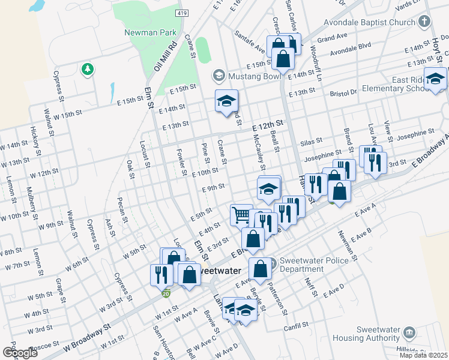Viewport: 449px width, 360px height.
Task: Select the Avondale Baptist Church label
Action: [x=376, y=22]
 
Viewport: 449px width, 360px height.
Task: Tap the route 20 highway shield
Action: [x=166, y=293]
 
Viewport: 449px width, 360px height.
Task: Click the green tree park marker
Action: [x=88, y=70]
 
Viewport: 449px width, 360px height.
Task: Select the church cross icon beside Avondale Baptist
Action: [x=424, y=22]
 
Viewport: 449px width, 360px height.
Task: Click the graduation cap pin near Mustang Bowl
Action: [x=226, y=101]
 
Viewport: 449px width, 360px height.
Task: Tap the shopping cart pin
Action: [x=241, y=214]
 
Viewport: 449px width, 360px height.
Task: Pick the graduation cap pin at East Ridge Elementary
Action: [x=435, y=79]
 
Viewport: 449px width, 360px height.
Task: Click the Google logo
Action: [x=19, y=352]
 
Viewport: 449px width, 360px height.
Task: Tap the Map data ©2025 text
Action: [x=423, y=355]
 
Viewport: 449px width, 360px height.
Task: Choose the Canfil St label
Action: [x=295, y=328]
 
